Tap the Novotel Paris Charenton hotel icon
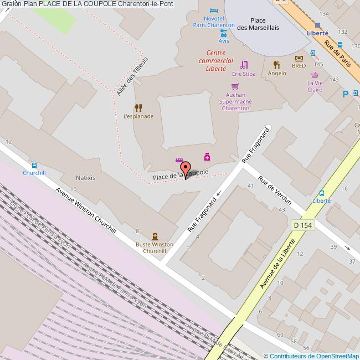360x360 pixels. coord(214,11)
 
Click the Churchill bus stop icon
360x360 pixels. coord(34,165)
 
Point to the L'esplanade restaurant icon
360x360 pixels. coord(138,108)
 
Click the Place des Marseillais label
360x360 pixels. coord(258,24)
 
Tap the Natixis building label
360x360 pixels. coord(85,178)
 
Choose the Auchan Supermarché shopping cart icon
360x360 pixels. coord(235,86)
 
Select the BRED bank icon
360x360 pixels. coord(299,58)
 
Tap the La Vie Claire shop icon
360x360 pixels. coord(315,75)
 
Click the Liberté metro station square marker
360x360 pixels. coord(317,25)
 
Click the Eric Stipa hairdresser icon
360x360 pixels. coord(244,65)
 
